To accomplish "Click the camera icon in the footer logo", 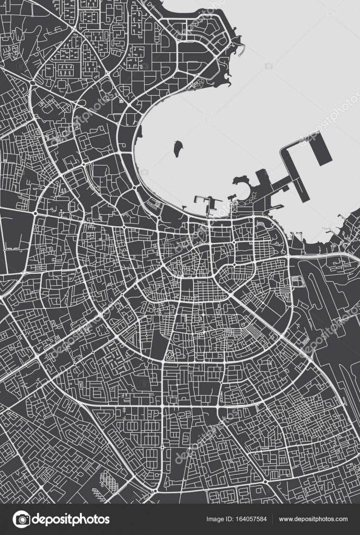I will click(21, 519).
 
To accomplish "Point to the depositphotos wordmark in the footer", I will click(71, 519).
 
